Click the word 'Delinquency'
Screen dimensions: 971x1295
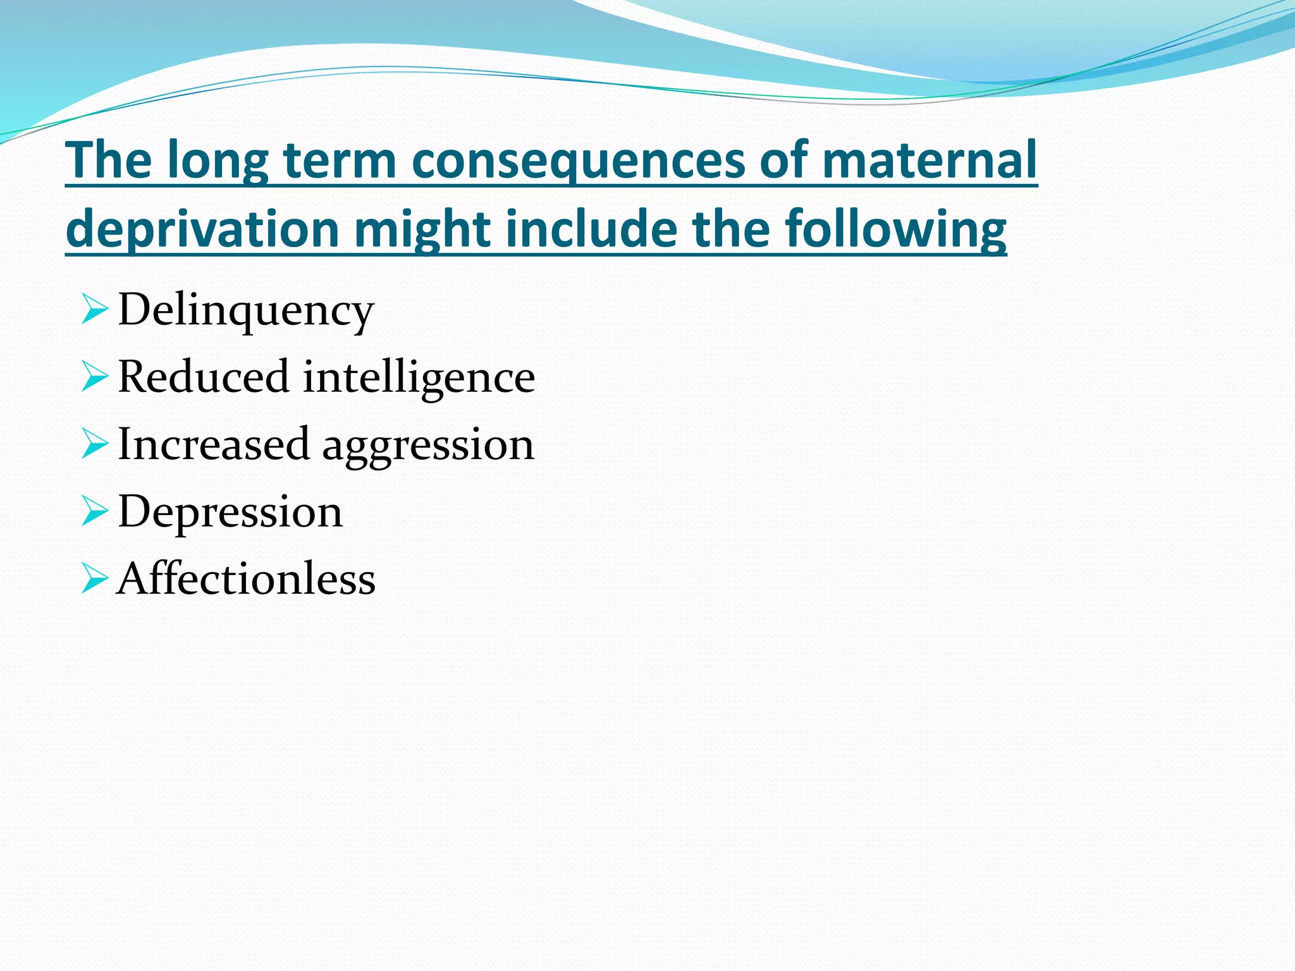click(x=246, y=310)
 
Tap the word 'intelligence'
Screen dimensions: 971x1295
click(x=419, y=377)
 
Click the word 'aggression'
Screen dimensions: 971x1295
click(x=428, y=445)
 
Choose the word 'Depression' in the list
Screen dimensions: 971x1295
click(x=230, y=511)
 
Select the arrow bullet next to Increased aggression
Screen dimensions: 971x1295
click(x=94, y=446)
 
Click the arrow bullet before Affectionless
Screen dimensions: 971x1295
click(x=94, y=580)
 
